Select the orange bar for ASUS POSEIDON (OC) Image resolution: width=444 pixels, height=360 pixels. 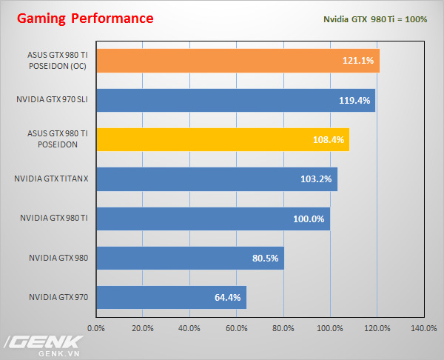[237, 60]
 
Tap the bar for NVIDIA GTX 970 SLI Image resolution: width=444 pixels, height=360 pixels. [235, 100]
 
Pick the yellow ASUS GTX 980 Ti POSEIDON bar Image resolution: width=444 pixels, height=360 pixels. [222, 139]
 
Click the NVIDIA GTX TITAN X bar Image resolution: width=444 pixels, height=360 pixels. [216, 179]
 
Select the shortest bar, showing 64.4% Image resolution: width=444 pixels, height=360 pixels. [170, 298]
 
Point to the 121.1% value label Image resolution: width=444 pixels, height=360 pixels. [360, 60]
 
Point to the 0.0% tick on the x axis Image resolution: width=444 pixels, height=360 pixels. [96, 327]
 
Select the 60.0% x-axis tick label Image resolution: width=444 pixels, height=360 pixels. [237, 327]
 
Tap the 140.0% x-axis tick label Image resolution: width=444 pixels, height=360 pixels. [423, 327]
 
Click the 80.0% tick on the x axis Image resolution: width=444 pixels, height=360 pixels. [283, 327]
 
